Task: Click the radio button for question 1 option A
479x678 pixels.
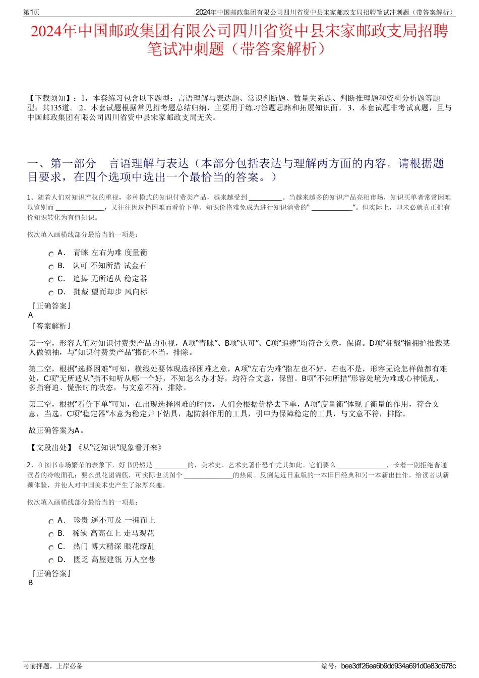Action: pyautogui.click(x=51, y=254)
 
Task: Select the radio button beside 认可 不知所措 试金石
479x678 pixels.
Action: pyautogui.click(x=51, y=267)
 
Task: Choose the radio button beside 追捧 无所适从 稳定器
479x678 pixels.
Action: pyautogui.click(x=51, y=280)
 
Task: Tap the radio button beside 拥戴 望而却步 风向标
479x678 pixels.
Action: pyautogui.click(x=51, y=293)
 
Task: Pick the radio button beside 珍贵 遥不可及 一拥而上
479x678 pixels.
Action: pyautogui.click(x=51, y=522)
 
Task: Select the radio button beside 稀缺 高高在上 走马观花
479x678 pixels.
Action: pyautogui.click(x=51, y=535)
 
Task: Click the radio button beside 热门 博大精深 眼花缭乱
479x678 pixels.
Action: pyautogui.click(x=51, y=548)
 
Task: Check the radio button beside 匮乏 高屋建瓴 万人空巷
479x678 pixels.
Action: pyautogui.click(x=51, y=561)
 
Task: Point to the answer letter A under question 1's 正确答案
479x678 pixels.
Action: pyautogui.click(x=31, y=315)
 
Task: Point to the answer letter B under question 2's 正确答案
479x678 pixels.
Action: pyautogui.click(x=31, y=583)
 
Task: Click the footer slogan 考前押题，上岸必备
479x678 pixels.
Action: pyautogui.click(x=53, y=666)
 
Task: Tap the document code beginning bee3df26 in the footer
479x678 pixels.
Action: pyautogui.click(x=398, y=666)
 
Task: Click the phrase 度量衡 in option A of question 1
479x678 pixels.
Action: pyautogui.click(x=136, y=253)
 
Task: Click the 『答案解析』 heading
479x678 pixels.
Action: pyautogui.click(x=51, y=326)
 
